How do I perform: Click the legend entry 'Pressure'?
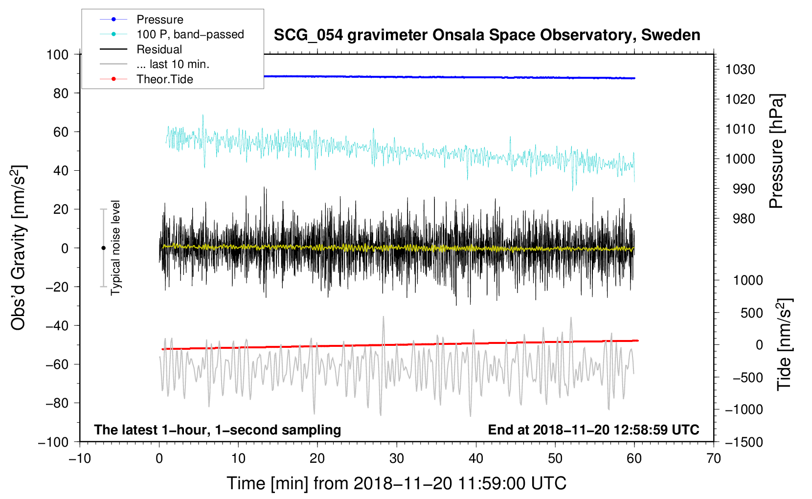(160, 20)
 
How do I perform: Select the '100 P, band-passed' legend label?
(190, 34)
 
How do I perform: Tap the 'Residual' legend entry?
(159, 49)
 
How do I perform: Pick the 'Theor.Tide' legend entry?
(164, 79)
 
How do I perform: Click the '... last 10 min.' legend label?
(173, 64)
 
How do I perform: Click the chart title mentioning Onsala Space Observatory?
(487, 35)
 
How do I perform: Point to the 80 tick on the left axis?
(61, 93)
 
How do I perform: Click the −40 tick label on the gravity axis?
(57, 326)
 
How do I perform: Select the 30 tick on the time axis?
(397, 459)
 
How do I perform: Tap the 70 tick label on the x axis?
(713, 459)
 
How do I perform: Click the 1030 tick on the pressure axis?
(740, 69)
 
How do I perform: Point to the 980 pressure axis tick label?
(744, 219)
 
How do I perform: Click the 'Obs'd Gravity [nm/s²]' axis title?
(18, 248)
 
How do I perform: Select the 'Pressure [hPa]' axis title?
(776, 151)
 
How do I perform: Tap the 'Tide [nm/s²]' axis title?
(785, 344)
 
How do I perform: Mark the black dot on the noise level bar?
(103, 248)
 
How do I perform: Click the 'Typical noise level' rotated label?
(115, 248)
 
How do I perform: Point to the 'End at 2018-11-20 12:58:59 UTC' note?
(593, 430)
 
